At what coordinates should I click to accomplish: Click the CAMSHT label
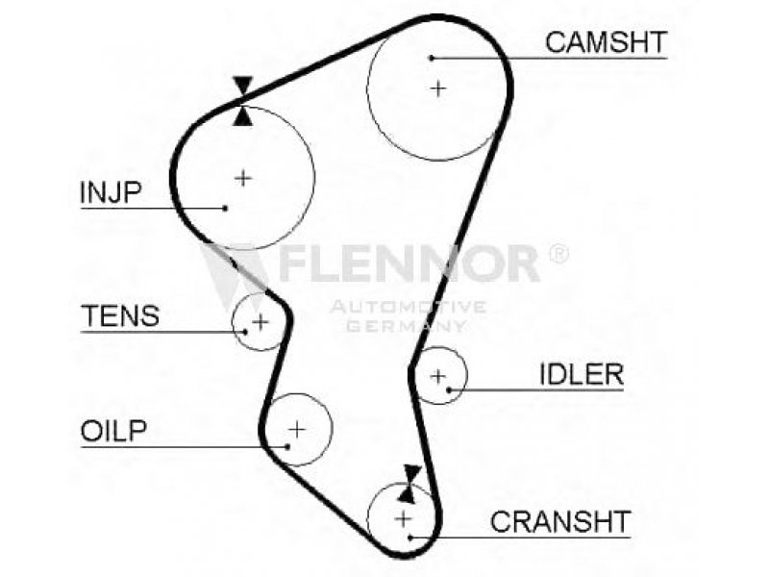tap(606, 41)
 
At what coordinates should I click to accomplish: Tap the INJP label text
tap(110, 192)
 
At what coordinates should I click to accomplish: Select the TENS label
tap(120, 315)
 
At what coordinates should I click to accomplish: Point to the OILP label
tap(113, 430)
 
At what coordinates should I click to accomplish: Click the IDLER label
tap(581, 374)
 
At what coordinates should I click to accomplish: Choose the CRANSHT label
tap(559, 521)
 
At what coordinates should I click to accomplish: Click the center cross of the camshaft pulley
tap(438, 88)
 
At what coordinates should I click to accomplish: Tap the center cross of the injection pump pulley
tap(243, 177)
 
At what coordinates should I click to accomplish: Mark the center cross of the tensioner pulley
tap(260, 320)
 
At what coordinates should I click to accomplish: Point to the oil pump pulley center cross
tap(297, 428)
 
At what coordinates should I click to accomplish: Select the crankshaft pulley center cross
tap(404, 519)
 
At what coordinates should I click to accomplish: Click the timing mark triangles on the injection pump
tap(243, 102)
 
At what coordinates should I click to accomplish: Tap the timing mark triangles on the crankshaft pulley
tap(410, 484)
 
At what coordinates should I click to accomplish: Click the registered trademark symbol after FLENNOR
tap(557, 254)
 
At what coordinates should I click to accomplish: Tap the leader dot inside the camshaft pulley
tap(433, 58)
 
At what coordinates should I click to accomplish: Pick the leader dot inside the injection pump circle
tap(225, 207)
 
